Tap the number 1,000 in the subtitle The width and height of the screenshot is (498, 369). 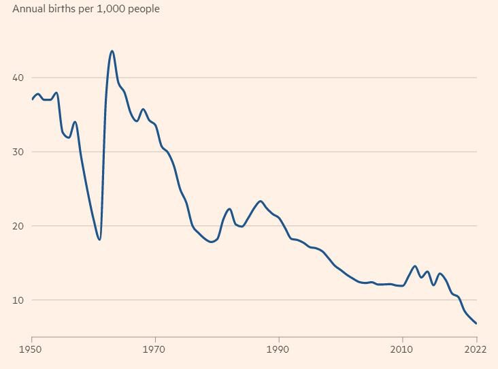(109, 10)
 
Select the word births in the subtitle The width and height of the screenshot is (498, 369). (63, 10)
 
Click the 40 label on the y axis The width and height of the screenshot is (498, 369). (18, 78)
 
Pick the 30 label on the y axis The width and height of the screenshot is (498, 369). (18, 152)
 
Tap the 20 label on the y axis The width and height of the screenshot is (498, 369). (18, 226)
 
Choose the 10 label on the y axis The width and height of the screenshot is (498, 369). (18, 300)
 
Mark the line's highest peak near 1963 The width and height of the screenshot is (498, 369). (112, 51)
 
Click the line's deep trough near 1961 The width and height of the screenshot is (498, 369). (100, 240)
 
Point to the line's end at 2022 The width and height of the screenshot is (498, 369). (476, 323)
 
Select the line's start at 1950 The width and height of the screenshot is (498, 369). (32, 99)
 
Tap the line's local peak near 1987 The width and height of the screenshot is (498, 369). (260, 201)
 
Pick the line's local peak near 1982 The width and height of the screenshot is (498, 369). (229, 209)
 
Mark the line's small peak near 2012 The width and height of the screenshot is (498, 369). (415, 266)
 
